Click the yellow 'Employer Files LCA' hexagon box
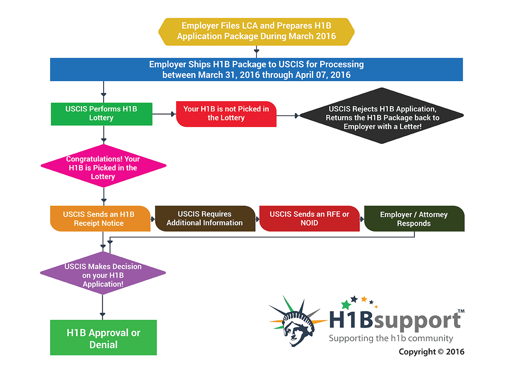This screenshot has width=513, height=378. pos(256,31)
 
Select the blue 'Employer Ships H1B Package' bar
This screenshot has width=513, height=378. pos(256,69)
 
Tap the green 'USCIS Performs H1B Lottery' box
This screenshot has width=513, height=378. pos(101,113)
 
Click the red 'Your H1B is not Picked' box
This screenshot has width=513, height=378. pos(226,113)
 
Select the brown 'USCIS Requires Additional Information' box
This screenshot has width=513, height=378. pos(205,219)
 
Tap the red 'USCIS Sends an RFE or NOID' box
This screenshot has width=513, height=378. pos(309,219)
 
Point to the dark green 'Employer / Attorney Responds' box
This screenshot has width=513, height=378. pos(414,219)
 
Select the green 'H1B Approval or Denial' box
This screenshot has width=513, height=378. pos(103,338)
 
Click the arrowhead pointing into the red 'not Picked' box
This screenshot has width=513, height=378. pos(173,113)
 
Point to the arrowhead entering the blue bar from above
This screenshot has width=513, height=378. pos(256,53)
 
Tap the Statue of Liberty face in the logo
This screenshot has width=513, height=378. pos(296,329)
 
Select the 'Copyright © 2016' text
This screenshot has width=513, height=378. pos(431,352)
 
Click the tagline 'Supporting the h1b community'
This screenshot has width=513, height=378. pos(391,338)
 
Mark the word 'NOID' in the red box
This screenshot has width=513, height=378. pos(309,223)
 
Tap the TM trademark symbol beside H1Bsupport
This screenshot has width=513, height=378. pos(461,311)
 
